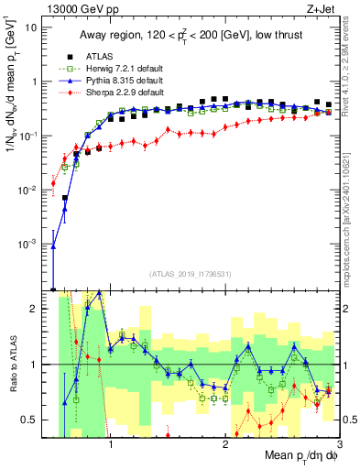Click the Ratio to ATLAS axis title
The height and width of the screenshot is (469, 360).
[x=12, y=364]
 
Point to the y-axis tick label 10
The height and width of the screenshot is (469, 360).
[x=31, y=27]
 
